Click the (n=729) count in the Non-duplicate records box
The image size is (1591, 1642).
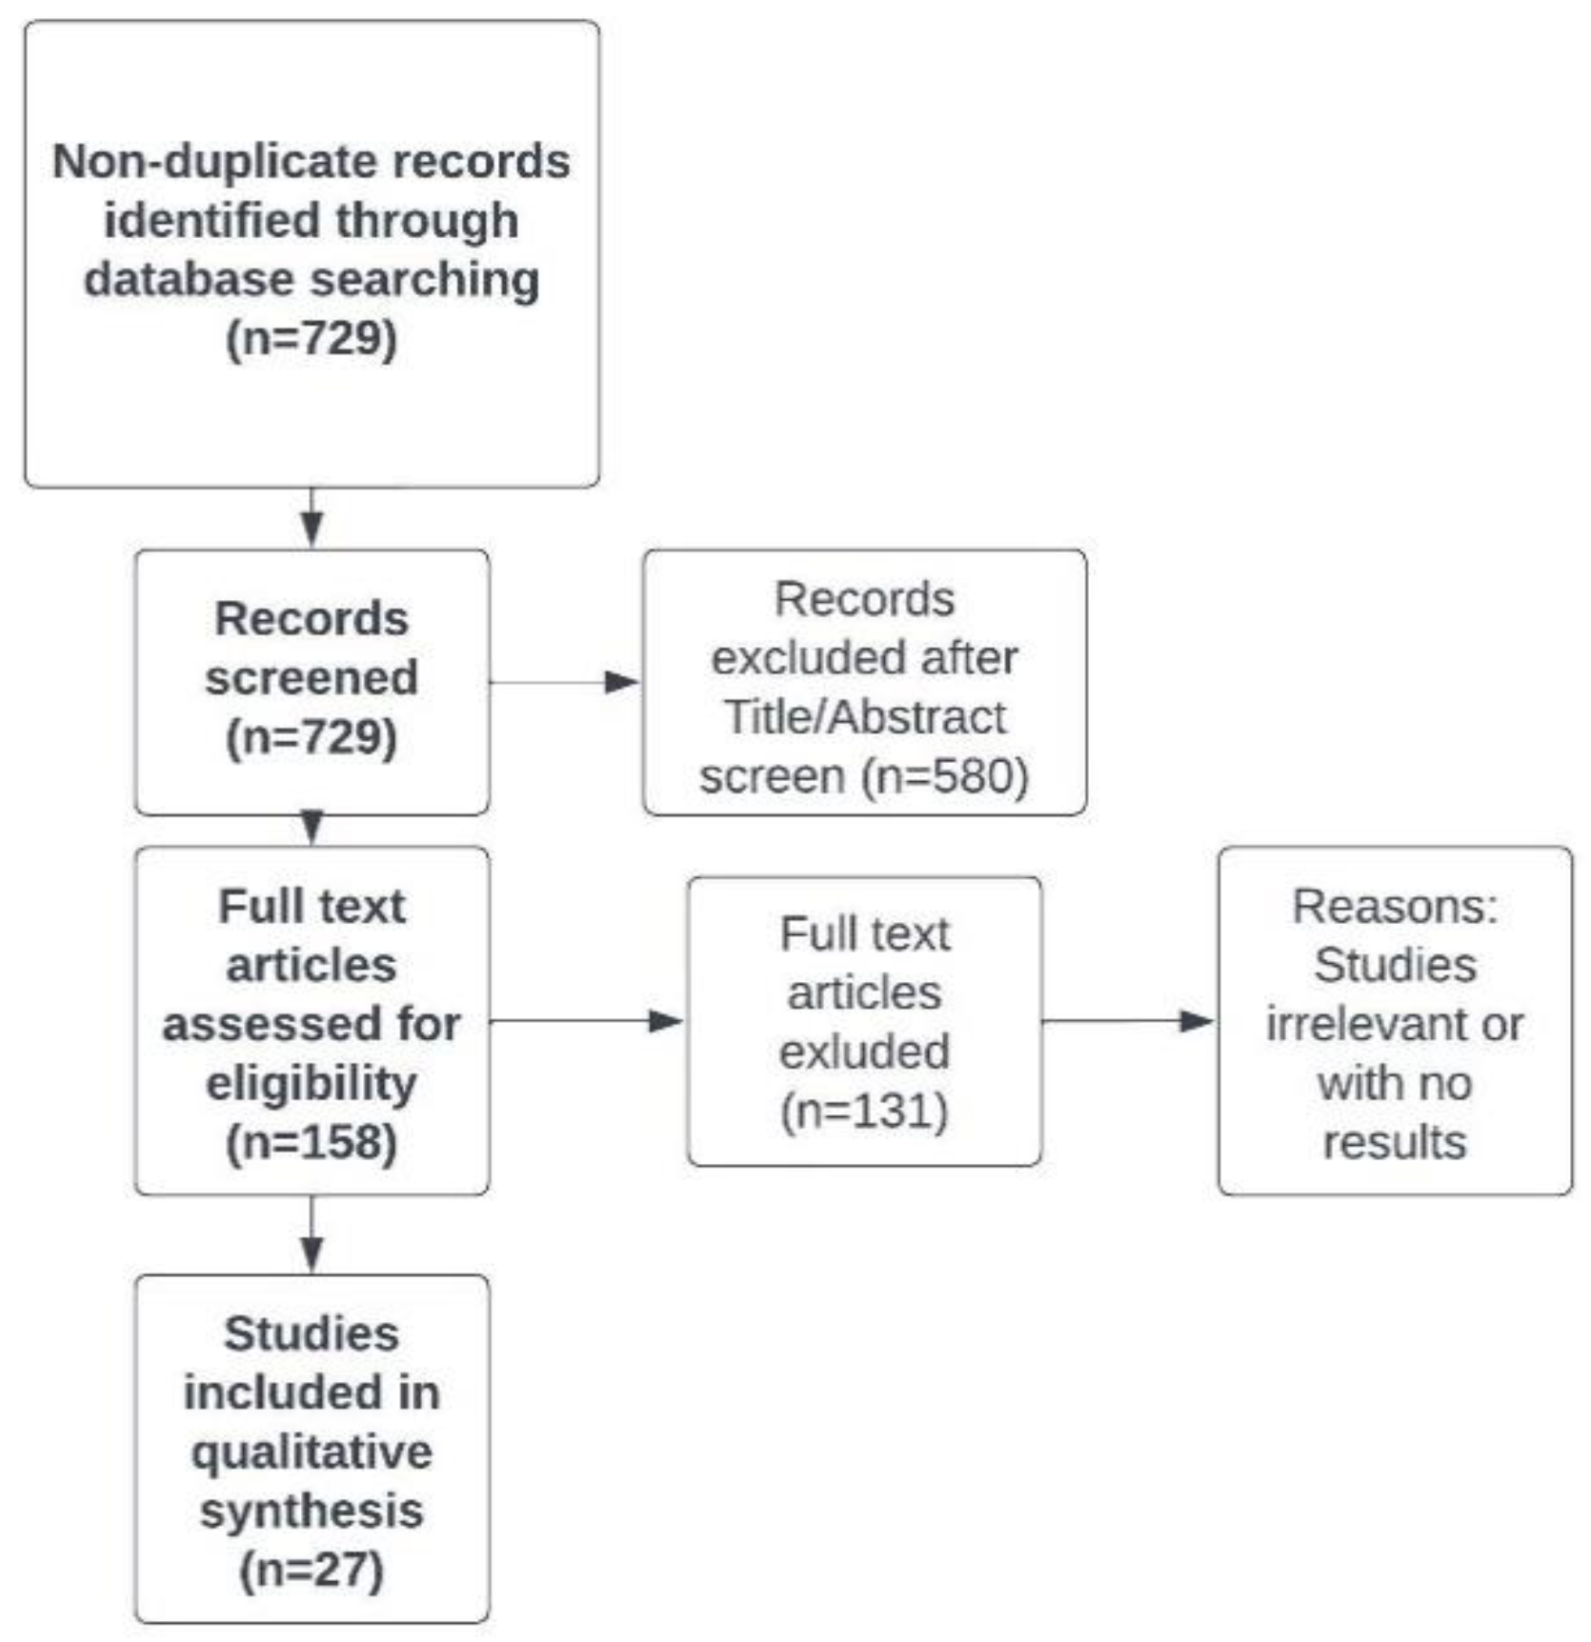point(312,338)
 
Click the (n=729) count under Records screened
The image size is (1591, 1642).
point(312,737)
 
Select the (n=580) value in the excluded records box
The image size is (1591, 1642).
point(945,776)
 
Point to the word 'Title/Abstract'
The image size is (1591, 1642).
point(865,717)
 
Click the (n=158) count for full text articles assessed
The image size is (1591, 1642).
point(312,1142)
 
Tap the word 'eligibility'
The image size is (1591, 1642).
point(312,1083)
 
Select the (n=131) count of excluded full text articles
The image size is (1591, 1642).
point(864,1111)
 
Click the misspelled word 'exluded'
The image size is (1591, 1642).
point(864,1051)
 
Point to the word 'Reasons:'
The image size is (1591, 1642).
point(1395,906)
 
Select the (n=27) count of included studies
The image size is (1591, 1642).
point(312,1570)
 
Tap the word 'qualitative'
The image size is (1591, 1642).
point(312,1452)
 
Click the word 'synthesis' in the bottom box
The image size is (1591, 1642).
point(312,1511)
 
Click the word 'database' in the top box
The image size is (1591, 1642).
point(189,279)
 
